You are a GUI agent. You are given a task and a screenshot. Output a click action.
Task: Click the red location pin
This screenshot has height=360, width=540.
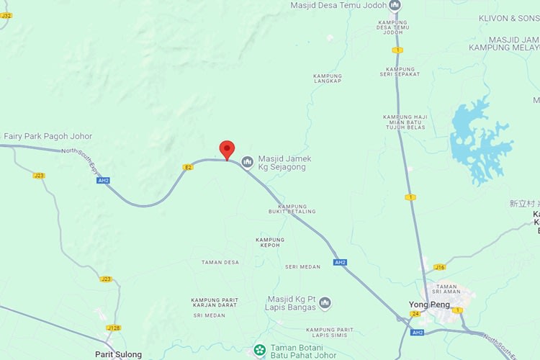click(x=227, y=149)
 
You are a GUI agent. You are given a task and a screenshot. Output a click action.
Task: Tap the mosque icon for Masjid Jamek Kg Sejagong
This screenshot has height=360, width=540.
click(x=247, y=163)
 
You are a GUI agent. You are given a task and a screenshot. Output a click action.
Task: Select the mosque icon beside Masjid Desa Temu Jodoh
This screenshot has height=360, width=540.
click(x=395, y=6)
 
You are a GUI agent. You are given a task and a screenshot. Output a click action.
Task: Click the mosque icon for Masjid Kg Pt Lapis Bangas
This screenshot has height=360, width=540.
click(x=325, y=303)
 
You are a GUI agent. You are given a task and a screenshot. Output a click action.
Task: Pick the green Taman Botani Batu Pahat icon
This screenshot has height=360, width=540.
click(x=260, y=351)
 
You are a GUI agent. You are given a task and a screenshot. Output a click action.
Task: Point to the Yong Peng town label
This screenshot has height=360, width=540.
click(x=430, y=305)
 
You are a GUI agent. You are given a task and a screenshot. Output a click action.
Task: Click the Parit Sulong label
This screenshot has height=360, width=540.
click(x=119, y=354)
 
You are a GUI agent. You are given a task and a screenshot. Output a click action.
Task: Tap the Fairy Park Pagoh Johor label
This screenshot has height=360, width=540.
click(x=48, y=136)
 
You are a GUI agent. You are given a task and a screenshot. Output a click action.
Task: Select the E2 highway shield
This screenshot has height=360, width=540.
click(x=187, y=167)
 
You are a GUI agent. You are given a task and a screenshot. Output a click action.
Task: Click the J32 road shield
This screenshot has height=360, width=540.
click(x=6, y=14)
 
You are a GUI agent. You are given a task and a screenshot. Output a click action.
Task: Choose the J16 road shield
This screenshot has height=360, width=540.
click(x=439, y=267)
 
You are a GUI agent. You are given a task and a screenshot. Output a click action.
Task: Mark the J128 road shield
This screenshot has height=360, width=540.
click(x=114, y=328)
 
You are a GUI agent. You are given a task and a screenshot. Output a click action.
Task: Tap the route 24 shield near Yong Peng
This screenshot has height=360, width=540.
click(x=415, y=314)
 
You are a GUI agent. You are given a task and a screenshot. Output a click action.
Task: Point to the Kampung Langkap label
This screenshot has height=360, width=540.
click(x=328, y=78)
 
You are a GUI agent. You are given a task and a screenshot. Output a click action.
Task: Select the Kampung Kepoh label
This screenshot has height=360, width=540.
click(x=270, y=242)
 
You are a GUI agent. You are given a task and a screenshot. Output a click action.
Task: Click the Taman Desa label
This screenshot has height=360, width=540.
click(x=220, y=262)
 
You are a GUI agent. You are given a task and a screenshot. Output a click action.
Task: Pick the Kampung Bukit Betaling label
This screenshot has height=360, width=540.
click(x=292, y=208)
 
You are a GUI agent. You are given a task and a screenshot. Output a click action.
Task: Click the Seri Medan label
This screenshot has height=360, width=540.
click(x=302, y=266)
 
